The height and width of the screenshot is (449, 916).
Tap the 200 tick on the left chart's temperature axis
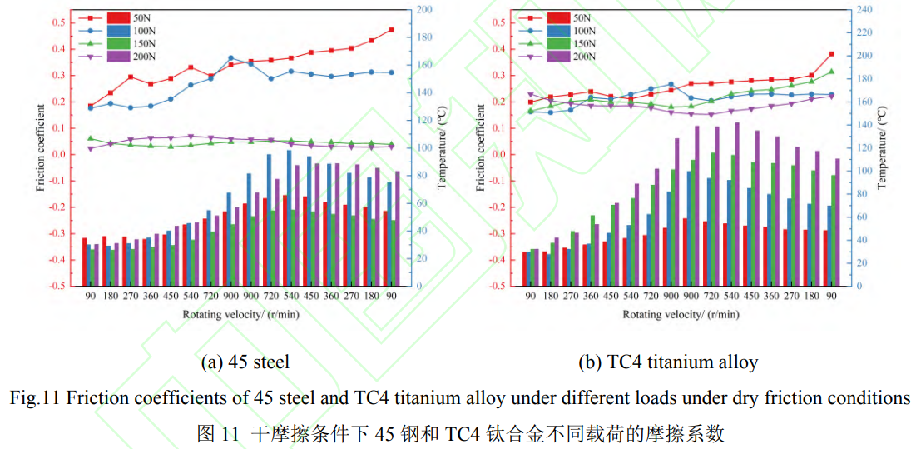(x=423, y=9)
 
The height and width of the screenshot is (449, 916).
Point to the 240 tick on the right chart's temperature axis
(x=868, y=9)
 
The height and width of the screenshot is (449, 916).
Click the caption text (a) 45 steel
(x=245, y=362)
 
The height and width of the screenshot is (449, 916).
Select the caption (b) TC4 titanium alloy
(x=668, y=362)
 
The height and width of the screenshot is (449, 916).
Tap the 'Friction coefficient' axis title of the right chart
(x=481, y=147)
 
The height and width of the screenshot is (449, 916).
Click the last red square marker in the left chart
(x=390, y=30)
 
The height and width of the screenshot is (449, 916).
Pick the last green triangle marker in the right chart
(x=831, y=72)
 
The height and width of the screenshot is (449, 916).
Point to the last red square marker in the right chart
(x=831, y=54)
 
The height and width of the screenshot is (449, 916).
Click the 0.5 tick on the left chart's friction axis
(x=63, y=22)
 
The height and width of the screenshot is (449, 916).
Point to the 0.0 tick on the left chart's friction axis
(x=63, y=155)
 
